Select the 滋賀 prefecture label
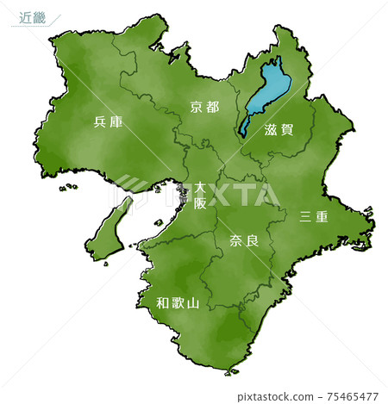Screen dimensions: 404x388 pos(280,131)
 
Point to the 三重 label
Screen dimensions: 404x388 pos(313,216)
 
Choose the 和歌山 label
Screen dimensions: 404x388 pos(178,302)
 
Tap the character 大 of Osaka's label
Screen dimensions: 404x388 pos(200,187)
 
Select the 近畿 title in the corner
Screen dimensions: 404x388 pos(32,16)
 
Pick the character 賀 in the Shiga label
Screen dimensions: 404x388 pos(290,131)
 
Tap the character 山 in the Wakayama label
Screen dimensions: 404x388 pos(193,302)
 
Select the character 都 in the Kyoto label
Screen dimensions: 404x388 pos(212,107)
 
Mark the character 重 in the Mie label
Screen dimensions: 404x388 pos(322,216)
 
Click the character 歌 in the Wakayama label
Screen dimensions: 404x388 pos(178,302)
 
